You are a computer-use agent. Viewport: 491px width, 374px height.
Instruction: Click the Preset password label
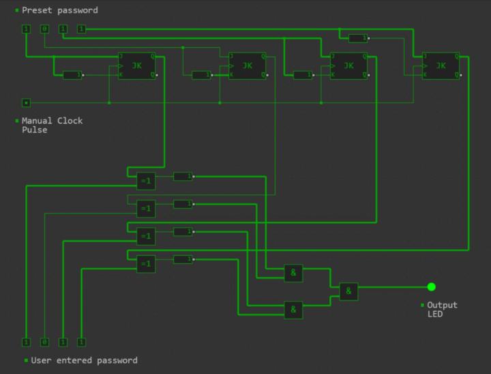click(59, 10)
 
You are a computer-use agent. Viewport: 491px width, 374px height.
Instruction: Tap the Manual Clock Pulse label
click(52, 125)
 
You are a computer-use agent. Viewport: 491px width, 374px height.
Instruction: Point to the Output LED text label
click(442, 309)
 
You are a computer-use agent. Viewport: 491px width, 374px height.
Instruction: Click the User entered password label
click(84, 360)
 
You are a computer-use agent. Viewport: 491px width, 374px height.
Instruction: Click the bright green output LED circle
click(431, 287)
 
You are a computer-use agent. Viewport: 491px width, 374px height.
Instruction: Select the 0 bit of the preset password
click(44, 29)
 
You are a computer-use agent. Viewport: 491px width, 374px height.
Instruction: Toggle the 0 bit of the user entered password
click(44, 342)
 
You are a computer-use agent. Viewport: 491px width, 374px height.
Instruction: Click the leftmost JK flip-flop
click(136, 66)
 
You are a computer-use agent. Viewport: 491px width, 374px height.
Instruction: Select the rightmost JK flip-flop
click(441, 66)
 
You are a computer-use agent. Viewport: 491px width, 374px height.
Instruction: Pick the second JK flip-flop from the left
click(246, 66)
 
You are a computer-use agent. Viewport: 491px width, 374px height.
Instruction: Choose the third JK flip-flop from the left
click(348, 66)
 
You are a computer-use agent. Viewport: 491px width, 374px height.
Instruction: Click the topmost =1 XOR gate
click(146, 181)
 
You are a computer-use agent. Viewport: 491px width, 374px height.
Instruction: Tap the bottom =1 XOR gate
click(146, 263)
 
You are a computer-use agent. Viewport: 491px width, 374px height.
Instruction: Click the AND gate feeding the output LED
click(348, 291)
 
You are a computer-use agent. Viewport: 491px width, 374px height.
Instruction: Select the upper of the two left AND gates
click(293, 273)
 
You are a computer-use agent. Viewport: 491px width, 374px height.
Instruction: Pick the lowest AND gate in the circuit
click(293, 310)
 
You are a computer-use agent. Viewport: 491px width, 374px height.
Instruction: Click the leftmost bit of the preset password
click(26, 29)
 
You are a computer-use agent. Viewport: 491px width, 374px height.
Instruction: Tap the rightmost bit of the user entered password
click(81, 342)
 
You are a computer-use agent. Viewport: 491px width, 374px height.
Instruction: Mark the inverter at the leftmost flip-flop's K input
click(72, 75)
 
